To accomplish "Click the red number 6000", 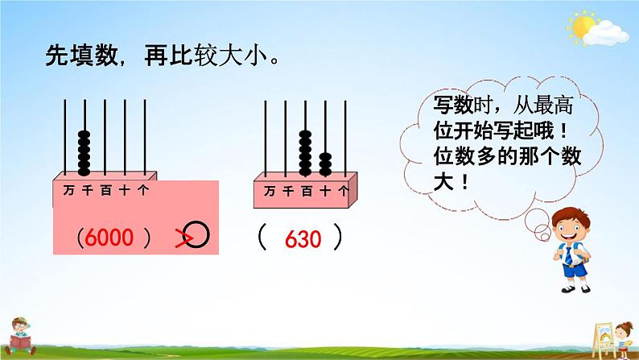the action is (109, 238).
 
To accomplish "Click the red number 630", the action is (303, 239).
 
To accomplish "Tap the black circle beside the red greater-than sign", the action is (196, 234).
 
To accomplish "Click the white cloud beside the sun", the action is (606, 34).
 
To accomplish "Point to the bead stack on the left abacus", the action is (84, 153).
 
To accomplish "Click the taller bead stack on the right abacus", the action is (305, 153).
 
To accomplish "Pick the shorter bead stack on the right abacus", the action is (325, 164).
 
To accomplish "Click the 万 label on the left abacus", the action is (68, 190).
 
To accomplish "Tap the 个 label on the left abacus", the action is (143, 190).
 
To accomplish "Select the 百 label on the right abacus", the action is (307, 191).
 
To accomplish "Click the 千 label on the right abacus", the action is (288, 191).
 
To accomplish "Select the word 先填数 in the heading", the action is (81, 55).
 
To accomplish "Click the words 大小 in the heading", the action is (243, 55).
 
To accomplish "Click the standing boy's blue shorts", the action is (575, 270).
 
